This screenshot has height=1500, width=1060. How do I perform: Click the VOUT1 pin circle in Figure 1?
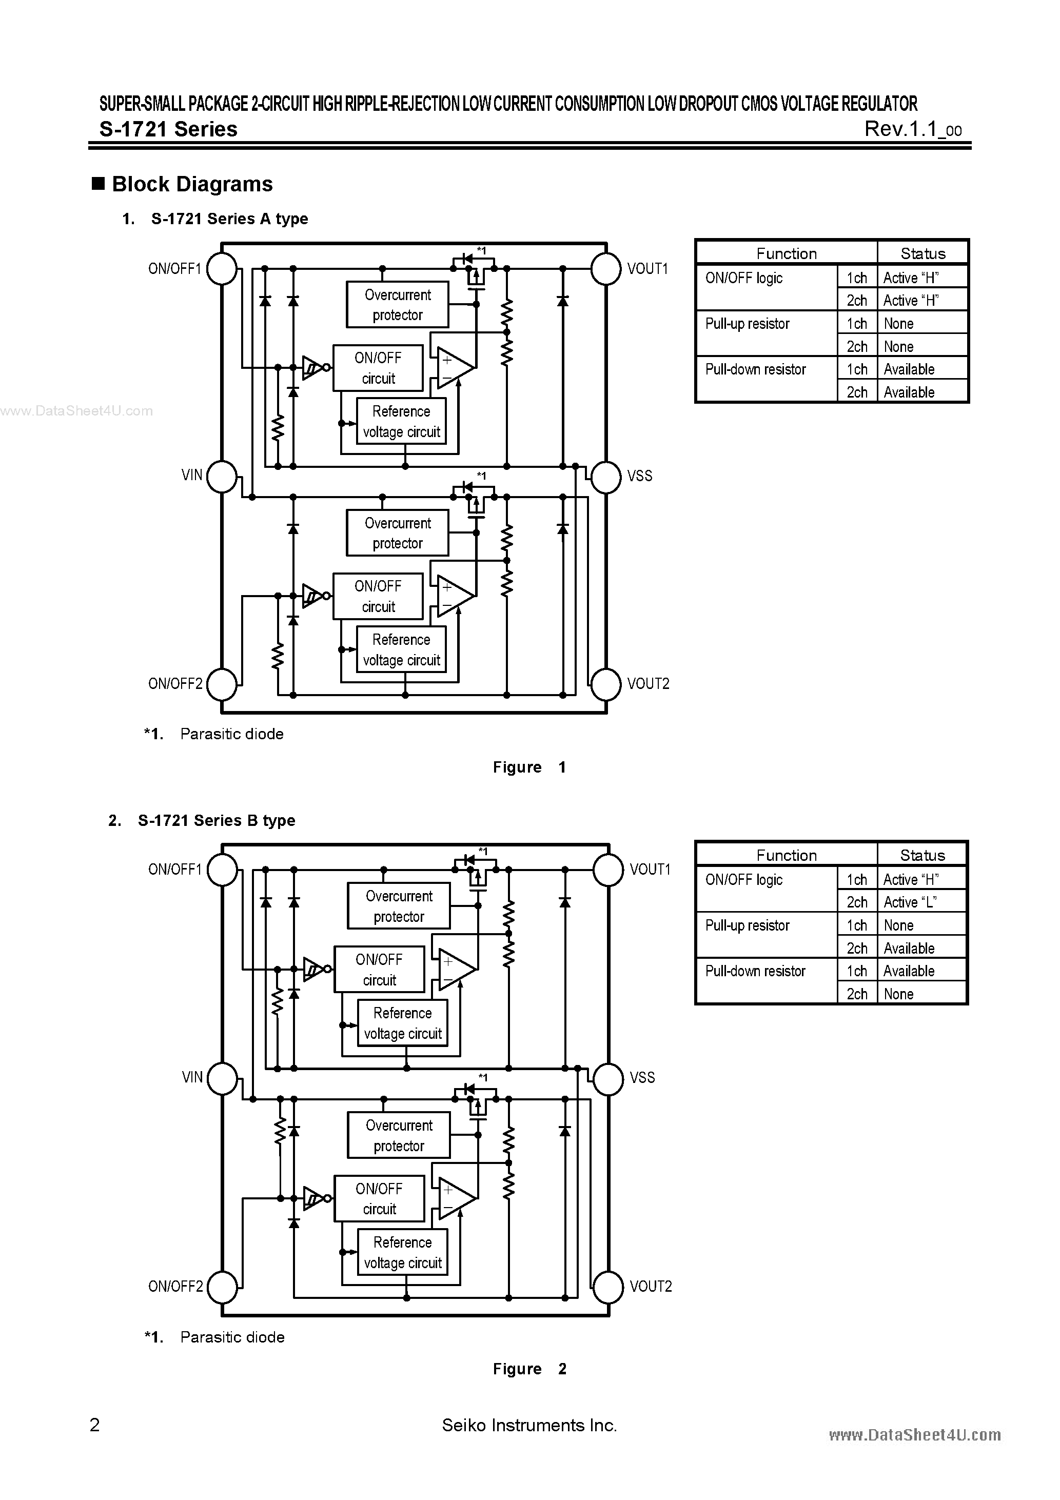(x=606, y=268)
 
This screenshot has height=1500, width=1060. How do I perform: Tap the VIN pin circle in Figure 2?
(x=222, y=1078)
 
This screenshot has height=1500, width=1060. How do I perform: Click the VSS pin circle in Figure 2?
(x=608, y=1078)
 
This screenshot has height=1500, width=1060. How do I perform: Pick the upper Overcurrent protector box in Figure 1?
(x=397, y=304)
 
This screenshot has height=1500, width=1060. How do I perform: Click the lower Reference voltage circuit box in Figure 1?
(x=401, y=649)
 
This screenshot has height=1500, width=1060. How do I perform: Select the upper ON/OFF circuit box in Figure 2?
(x=379, y=970)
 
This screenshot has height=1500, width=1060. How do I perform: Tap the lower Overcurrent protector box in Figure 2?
(x=399, y=1135)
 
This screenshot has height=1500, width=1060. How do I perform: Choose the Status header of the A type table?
(x=922, y=253)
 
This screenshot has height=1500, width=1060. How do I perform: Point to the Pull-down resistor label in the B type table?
(x=755, y=971)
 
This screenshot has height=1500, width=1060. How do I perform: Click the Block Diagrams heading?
(x=192, y=184)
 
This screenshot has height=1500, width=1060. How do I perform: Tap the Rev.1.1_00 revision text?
(x=912, y=129)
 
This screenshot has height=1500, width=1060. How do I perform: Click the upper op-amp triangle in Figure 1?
(x=453, y=368)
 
